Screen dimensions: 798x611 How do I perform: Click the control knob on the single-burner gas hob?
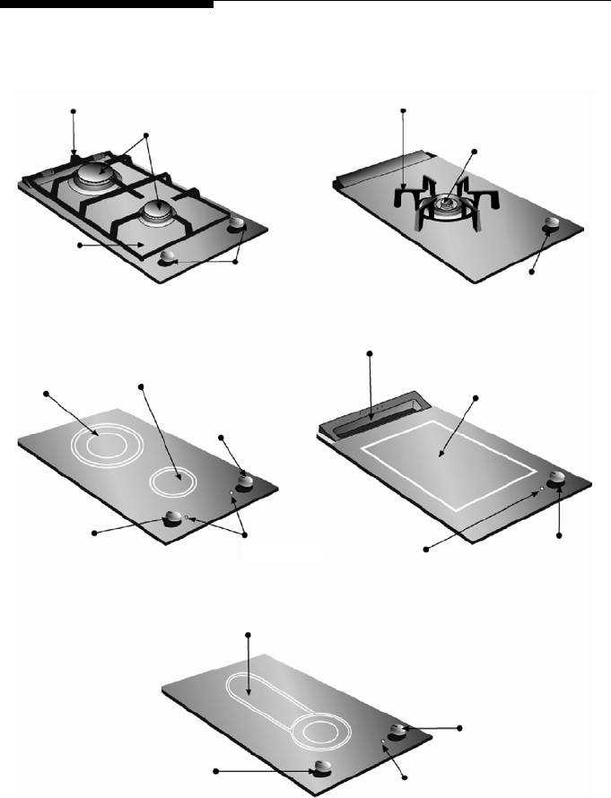[551, 225]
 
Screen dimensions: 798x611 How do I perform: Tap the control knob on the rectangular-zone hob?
[558, 478]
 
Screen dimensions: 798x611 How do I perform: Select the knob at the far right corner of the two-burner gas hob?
[238, 224]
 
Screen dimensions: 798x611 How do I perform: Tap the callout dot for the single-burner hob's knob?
[532, 273]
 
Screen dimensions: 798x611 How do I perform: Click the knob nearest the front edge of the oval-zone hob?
[321, 767]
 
